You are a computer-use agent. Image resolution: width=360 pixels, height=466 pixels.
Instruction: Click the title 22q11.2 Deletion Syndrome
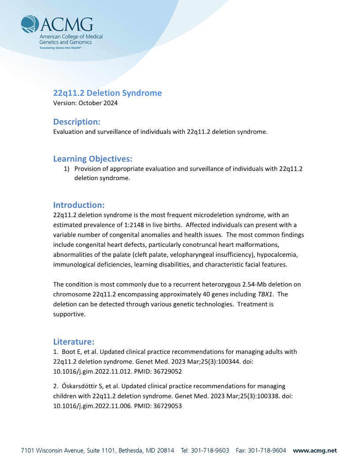(x=107, y=93)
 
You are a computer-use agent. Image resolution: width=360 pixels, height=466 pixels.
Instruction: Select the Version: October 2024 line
(x=85, y=103)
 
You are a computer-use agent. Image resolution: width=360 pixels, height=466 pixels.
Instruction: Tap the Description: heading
(x=77, y=121)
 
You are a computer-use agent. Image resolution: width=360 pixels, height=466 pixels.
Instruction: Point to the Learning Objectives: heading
(x=93, y=158)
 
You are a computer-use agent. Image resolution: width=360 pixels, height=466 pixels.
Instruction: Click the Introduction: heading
(x=79, y=205)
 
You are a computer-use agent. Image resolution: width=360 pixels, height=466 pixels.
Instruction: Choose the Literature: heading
(x=74, y=342)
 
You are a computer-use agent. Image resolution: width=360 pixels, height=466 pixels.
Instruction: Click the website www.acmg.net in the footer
(x=315, y=451)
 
